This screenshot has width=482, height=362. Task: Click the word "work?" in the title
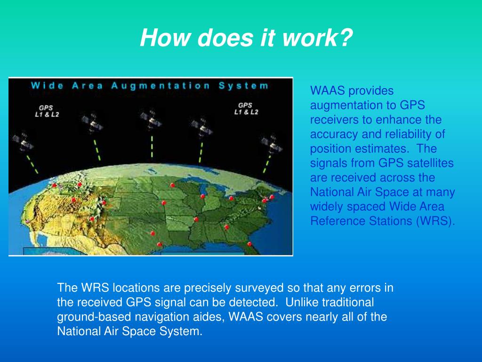318,38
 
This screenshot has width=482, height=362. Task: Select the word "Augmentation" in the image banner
161,86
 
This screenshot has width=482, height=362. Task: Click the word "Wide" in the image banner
47,86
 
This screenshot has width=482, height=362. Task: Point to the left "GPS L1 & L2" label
47,111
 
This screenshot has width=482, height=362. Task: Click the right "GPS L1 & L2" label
246,109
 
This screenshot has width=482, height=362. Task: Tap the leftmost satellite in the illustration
23,141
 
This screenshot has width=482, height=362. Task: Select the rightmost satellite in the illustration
272,144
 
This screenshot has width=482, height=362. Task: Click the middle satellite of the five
151,119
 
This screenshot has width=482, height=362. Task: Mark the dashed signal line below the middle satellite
152,147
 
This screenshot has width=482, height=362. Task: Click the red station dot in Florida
249,244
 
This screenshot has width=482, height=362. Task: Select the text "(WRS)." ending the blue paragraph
435,222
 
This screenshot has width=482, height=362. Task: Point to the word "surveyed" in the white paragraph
259,288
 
